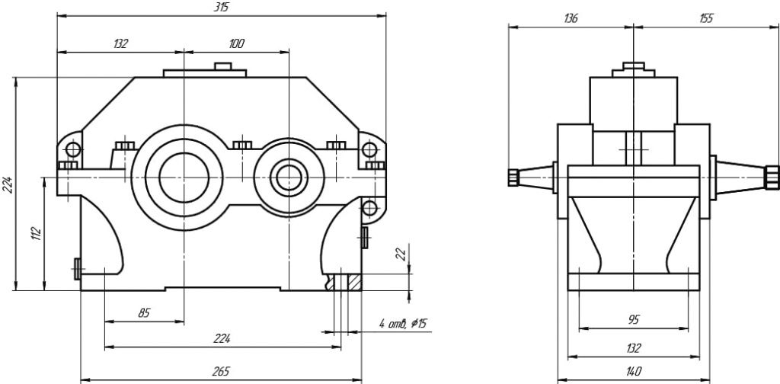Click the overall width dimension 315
(222, 7)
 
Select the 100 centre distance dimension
(236, 44)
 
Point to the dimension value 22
(401, 254)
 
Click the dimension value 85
(143, 312)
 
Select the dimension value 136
(571, 18)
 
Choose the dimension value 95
(633, 321)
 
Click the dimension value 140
(633, 371)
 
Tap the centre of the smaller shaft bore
(289, 176)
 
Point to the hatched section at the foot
(353, 282)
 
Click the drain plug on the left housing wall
(77, 267)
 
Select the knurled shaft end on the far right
(771, 177)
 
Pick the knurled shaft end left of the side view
(512, 177)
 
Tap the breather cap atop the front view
(222, 66)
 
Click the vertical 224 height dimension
(8, 184)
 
